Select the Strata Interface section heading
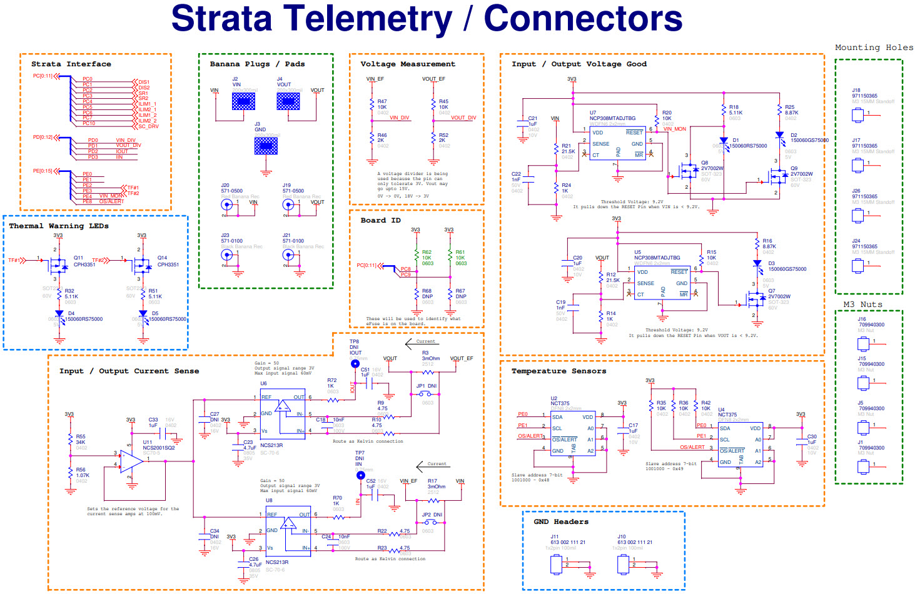tap(71, 64)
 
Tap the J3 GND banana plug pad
tap(266, 146)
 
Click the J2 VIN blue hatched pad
tap(243, 101)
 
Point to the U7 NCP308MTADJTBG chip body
tap(617, 143)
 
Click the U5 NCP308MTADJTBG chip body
tap(662, 283)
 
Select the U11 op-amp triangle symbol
tap(131, 461)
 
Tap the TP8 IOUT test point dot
tap(355, 363)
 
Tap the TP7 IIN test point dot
tap(360, 475)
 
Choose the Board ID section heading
tap(380, 220)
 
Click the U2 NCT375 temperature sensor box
tap(572, 433)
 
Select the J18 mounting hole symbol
tap(857, 115)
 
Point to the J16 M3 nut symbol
tap(863, 343)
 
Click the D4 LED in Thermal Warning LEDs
tap(59, 314)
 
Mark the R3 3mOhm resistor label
tap(430, 358)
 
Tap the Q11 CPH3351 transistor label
tap(84, 261)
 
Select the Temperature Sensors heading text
tap(559, 371)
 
